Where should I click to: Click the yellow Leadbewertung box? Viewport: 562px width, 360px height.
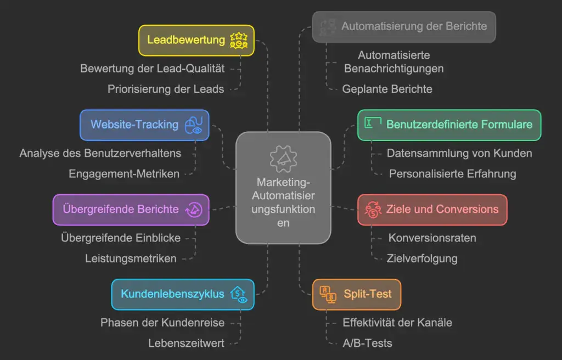196,41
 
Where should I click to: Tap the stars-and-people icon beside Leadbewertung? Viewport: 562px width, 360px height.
239,40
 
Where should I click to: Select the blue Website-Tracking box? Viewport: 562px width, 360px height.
144,125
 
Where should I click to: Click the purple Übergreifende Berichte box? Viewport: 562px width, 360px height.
131,210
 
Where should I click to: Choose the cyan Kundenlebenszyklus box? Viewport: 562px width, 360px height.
183,294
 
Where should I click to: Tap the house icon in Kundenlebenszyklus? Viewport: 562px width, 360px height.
239,294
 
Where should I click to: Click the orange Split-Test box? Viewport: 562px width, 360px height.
357,294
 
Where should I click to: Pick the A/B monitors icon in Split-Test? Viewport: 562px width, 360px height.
328,294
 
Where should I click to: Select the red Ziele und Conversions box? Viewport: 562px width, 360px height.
432,210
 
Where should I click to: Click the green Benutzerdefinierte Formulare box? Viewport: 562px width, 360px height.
449,125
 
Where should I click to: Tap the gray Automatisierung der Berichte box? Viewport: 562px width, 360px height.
404,27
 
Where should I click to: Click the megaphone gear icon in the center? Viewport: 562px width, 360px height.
283,159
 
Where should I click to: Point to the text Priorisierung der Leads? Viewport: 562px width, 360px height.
166,89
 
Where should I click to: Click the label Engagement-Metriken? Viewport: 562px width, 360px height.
124,173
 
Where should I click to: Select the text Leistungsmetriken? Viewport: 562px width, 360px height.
131,258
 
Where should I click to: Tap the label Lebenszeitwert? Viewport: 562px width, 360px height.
187,343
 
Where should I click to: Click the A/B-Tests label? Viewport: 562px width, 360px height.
367,343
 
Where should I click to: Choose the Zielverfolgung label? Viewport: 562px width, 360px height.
422,258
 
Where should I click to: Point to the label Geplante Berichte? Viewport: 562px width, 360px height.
387,89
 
